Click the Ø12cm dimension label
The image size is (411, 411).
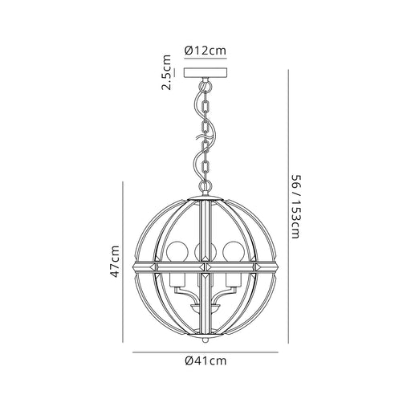click(x=205, y=51)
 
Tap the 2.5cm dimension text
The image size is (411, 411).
click(x=166, y=72)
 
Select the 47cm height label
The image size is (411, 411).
click(x=115, y=261)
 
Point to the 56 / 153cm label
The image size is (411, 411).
click(x=296, y=206)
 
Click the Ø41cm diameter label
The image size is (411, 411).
click(x=205, y=360)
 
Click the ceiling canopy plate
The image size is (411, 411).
click(x=205, y=72)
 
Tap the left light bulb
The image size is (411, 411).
click(x=176, y=251)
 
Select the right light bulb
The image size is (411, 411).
click(x=234, y=251)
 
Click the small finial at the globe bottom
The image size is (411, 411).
click(x=205, y=340)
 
